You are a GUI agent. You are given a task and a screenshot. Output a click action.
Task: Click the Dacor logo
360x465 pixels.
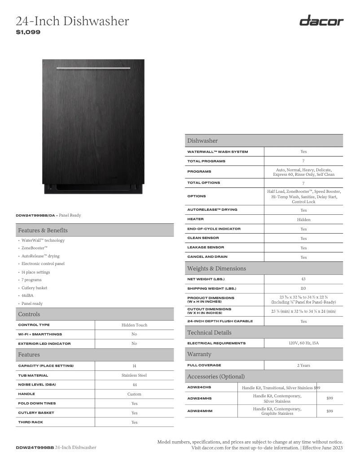click(x=321, y=21)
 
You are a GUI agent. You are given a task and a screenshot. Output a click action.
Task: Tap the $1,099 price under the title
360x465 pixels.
click(x=28, y=32)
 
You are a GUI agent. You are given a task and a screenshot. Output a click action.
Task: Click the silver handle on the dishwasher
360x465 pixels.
click(x=93, y=68)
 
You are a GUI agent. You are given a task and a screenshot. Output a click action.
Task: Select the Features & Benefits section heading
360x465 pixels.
click(x=43, y=230)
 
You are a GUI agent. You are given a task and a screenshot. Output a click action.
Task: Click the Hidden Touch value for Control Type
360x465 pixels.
click(x=134, y=325)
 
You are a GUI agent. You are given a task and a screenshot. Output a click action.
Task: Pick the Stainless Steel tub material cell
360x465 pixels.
click(x=134, y=375)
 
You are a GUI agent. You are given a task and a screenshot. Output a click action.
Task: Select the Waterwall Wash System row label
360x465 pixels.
click(x=217, y=152)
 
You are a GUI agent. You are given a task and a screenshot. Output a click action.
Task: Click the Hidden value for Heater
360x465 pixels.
click(x=303, y=219)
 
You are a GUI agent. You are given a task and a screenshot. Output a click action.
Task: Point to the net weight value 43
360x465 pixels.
click(x=303, y=278)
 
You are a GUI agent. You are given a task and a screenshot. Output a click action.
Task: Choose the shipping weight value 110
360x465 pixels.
click(x=303, y=288)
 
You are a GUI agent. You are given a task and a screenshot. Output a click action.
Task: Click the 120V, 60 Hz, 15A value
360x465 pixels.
click(x=303, y=343)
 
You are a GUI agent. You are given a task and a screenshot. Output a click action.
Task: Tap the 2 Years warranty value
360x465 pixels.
click(x=303, y=365)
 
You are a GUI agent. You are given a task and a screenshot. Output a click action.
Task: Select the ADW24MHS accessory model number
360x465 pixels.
click(x=199, y=398)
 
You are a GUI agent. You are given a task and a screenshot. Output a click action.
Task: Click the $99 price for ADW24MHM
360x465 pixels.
click(x=329, y=411)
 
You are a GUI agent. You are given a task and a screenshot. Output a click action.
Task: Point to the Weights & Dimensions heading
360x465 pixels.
click(x=216, y=268)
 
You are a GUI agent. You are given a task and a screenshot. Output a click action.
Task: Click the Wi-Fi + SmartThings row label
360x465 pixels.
click(x=40, y=334)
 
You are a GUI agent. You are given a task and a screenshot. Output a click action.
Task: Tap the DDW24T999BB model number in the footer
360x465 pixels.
click(x=35, y=448)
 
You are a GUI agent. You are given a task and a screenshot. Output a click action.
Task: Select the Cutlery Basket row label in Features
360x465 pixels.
click(x=36, y=413)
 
